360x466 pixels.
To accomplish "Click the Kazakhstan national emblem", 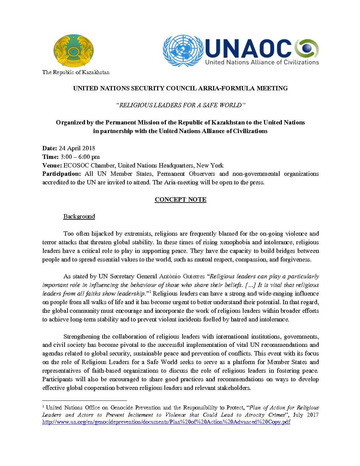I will click(74, 50).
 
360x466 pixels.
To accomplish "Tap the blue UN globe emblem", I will click(183, 50).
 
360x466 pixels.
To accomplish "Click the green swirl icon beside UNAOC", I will click(307, 48).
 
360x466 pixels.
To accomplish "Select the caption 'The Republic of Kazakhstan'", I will click(76, 72).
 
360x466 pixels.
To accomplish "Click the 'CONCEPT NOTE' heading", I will click(180, 200).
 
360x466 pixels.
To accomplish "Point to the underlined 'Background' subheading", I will click(79, 216).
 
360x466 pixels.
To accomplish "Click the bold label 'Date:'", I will click(50, 148).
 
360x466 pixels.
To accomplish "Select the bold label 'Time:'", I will click(50, 157).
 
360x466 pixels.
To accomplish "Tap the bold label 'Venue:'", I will click(52, 165).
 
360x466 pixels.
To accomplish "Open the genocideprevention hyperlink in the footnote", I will click(166, 422).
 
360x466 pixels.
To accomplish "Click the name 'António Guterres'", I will click(182, 276).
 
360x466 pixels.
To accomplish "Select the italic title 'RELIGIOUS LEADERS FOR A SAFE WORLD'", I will click(180, 105).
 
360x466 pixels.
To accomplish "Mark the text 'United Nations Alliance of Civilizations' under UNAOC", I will click(262, 62).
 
